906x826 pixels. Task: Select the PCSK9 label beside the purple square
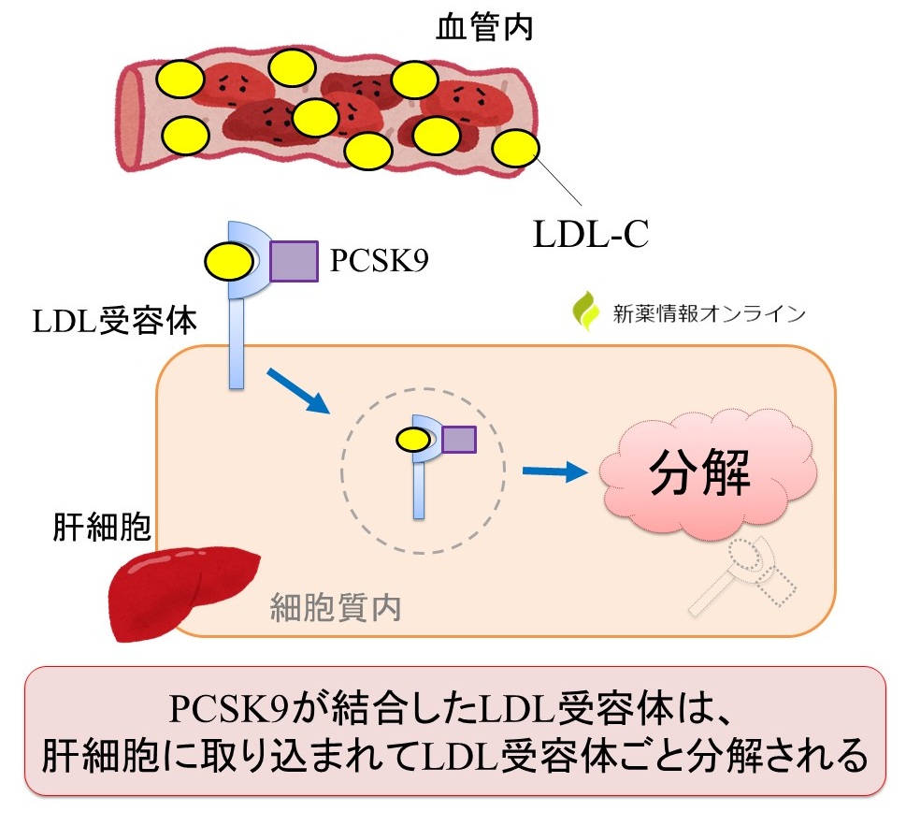[379, 261]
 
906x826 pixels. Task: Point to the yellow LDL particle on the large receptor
[228, 261]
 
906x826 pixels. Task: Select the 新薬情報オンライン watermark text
[708, 314]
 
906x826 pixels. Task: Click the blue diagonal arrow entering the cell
[298, 390]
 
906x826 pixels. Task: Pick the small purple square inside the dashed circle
[458, 438]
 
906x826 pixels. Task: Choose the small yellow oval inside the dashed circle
[413, 438]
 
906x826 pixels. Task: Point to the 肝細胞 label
[100, 529]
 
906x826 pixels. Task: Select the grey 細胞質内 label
[336, 608]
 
